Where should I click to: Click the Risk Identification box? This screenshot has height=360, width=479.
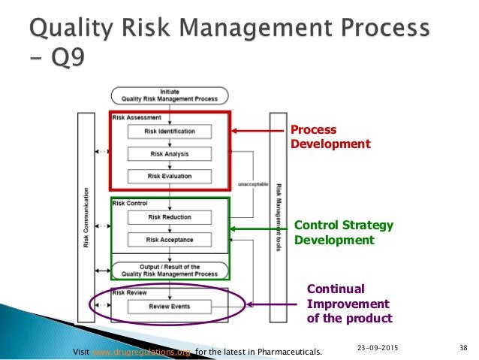[x=172, y=132]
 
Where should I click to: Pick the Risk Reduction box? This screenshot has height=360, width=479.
[x=170, y=217]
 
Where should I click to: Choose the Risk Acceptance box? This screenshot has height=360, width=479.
[x=170, y=240]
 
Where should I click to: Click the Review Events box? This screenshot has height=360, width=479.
[x=170, y=307]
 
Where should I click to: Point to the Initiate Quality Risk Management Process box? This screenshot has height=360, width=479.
[x=170, y=95]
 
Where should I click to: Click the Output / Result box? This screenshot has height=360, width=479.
[x=170, y=270]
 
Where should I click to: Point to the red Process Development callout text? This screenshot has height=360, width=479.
[x=330, y=136]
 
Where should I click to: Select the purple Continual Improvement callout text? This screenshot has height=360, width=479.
[x=349, y=304]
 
